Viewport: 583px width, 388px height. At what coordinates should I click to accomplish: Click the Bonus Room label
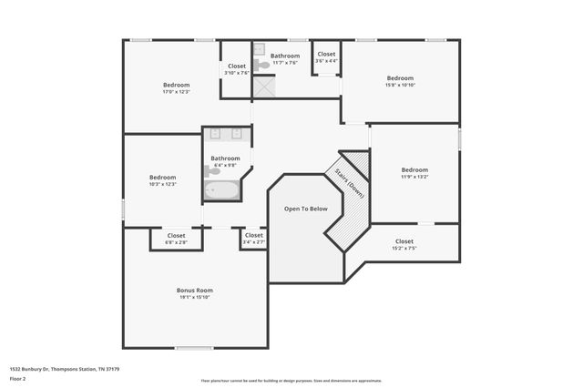(x=194, y=290)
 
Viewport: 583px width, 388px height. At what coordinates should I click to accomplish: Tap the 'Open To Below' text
(x=305, y=209)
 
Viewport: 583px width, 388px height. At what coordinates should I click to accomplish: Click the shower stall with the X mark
(x=264, y=87)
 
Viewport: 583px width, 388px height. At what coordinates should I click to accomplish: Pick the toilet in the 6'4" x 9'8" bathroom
(x=211, y=170)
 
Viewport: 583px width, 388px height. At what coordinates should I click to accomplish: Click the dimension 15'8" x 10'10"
(x=399, y=85)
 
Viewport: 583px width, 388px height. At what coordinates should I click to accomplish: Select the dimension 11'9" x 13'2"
(x=414, y=177)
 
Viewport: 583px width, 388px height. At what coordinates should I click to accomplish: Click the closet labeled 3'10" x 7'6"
(x=236, y=69)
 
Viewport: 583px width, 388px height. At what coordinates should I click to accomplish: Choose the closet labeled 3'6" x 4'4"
(x=325, y=57)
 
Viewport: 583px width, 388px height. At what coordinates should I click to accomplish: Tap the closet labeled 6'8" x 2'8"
(x=176, y=239)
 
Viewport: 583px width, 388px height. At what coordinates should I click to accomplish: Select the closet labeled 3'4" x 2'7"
(x=253, y=239)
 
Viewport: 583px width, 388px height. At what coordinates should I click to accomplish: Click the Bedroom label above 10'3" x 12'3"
(x=162, y=177)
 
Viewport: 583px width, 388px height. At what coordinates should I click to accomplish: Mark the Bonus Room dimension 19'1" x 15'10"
(x=194, y=297)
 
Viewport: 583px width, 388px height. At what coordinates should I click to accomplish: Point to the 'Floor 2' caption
(x=18, y=379)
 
